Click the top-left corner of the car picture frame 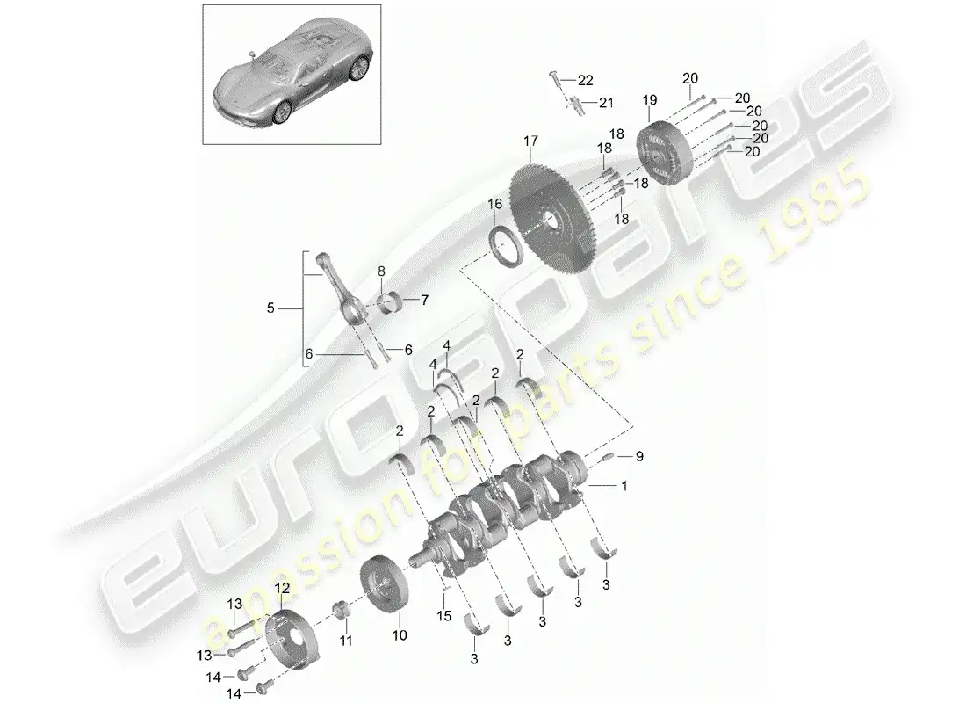[x=204, y=5]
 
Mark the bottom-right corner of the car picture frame [x=381, y=144]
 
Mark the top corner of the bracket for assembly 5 [x=304, y=251]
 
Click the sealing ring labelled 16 [x=506, y=247]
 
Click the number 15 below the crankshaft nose [x=444, y=615]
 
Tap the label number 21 [x=606, y=102]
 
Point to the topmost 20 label [x=690, y=78]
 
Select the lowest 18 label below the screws [x=622, y=218]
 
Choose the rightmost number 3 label [x=606, y=584]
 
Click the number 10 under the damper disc [x=400, y=635]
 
